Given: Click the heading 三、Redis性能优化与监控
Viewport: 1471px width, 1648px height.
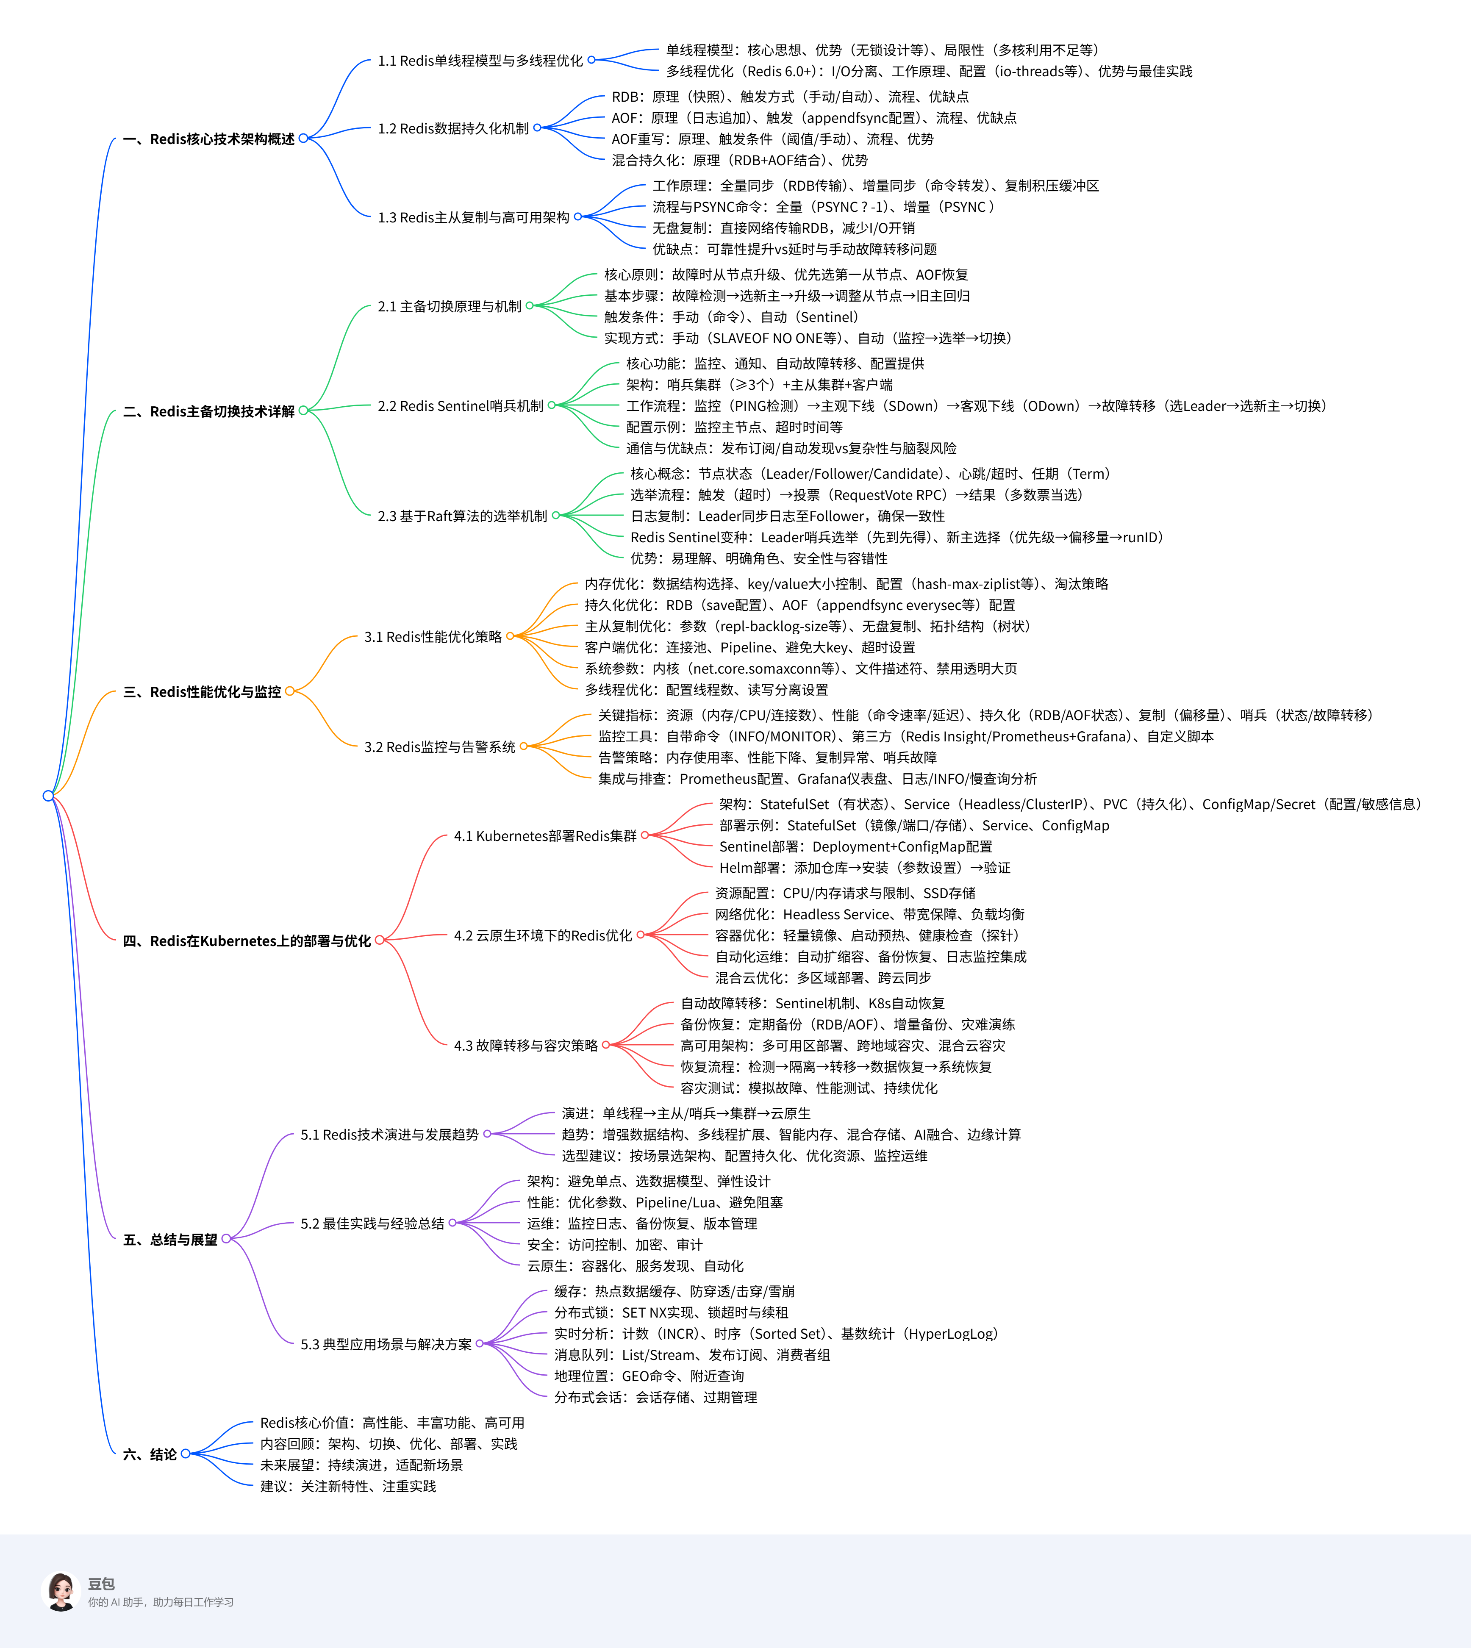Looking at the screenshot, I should [202, 692].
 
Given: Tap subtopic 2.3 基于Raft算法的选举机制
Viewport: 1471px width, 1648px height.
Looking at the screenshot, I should [462, 516].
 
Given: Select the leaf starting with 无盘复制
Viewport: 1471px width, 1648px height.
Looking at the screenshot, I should [783, 228].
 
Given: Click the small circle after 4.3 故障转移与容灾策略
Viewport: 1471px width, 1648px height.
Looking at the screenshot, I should [606, 1045].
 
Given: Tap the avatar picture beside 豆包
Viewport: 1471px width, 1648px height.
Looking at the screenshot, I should [61, 1591].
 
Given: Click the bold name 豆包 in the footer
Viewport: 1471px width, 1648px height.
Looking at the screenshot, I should [101, 1583].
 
